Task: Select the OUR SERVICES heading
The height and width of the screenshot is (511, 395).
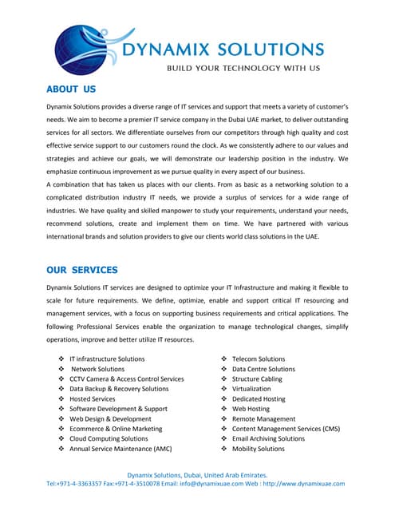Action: pos(81,270)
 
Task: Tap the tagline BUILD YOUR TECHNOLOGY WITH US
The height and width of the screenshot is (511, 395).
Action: pos(243,69)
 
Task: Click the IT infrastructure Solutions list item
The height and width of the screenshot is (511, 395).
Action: pos(107,359)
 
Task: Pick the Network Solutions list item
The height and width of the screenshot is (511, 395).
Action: pos(97,369)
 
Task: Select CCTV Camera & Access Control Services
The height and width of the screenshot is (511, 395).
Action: pos(126,379)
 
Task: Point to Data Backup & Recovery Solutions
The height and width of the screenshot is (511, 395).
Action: pos(119,389)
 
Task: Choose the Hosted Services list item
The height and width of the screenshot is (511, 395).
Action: pos(92,399)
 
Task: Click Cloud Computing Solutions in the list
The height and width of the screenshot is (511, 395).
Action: pos(109,438)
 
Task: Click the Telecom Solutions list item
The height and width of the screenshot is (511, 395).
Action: pos(258,359)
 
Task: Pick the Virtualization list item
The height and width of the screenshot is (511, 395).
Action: pos(251,389)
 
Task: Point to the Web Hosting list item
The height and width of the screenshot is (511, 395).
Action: pos(251,409)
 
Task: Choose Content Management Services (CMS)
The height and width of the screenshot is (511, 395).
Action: pos(286,429)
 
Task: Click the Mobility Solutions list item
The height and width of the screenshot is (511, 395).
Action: pos(258,449)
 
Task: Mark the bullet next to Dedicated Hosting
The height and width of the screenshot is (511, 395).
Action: pos(224,399)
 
